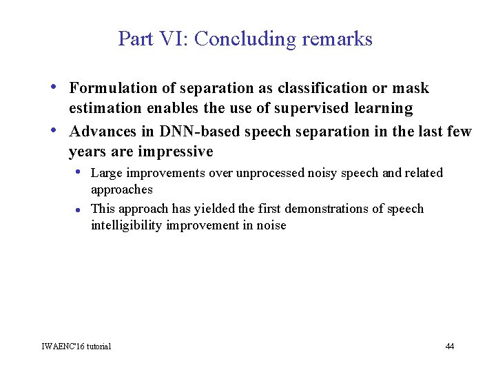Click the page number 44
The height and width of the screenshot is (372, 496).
tap(449, 346)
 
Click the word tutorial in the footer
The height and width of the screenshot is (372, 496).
tap(99, 346)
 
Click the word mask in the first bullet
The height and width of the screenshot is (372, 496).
tap(411, 88)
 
